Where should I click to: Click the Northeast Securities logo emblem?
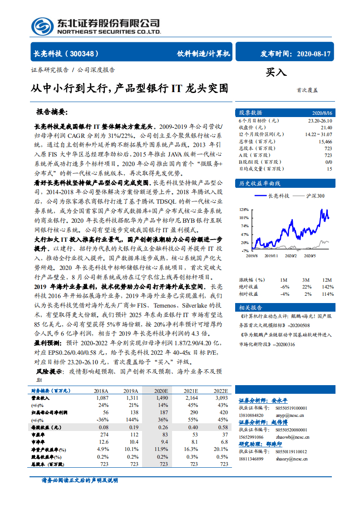42,26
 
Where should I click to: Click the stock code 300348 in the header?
85,54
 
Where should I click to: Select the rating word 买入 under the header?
276,73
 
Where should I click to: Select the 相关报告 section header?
251,308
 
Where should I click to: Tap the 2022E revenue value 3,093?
221,397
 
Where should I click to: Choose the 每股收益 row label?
46,427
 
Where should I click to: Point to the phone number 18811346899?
251,459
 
